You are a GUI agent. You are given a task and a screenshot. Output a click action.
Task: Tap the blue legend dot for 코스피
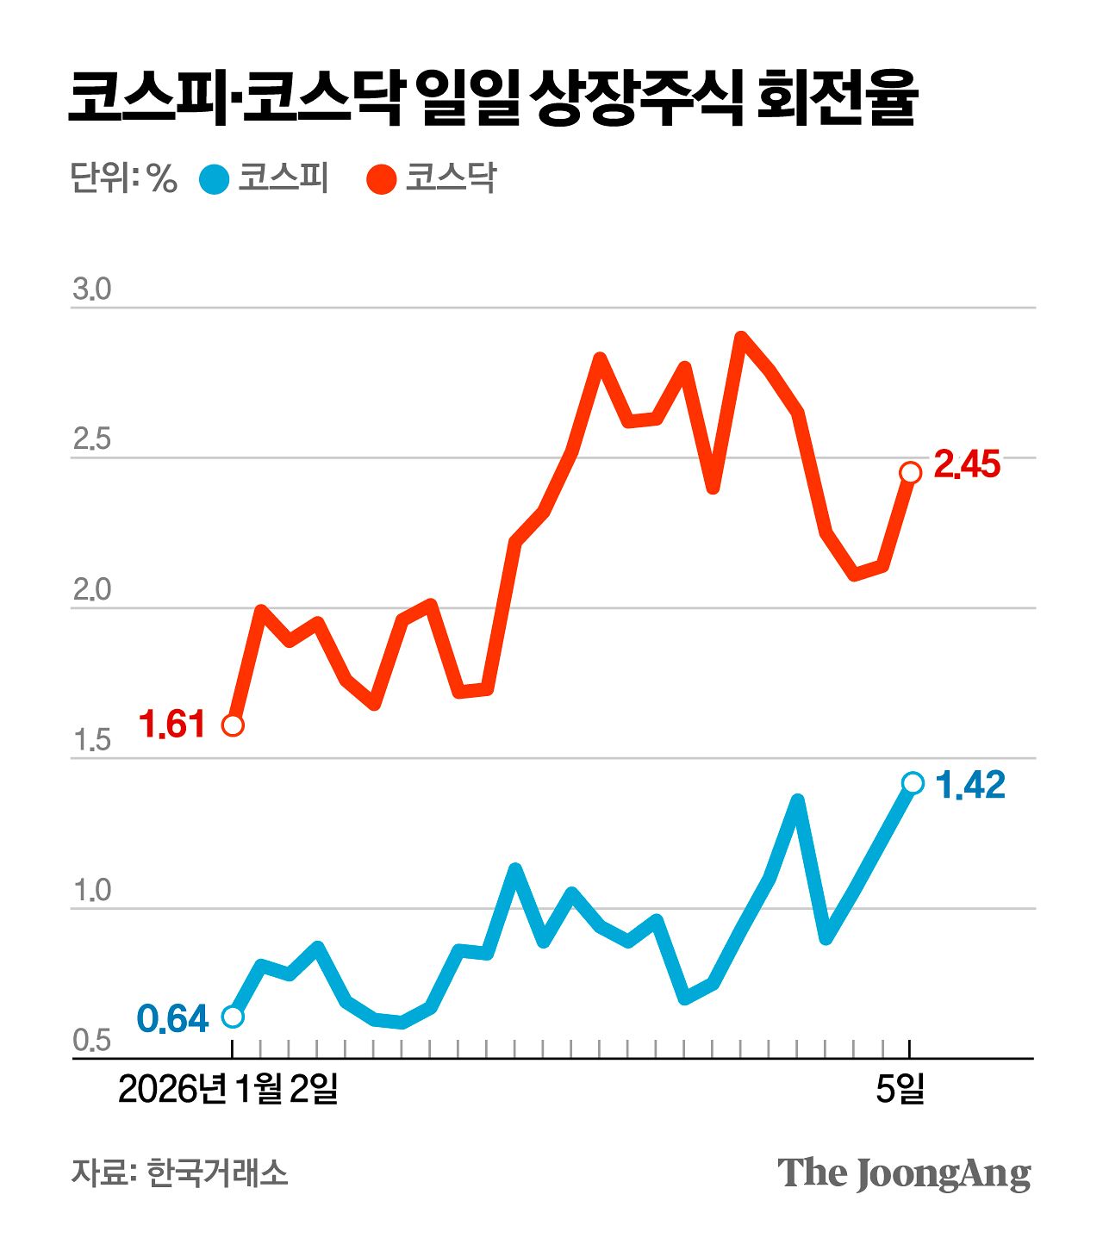pyautogui.click(x=214, y=179)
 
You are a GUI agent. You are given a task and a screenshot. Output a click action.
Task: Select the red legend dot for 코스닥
pyautogui.click(x=381, y=179)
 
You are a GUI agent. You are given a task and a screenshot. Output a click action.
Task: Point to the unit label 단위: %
pyautogui.click(x=123, y=178)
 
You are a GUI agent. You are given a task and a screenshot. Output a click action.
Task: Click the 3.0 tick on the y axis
pyautogui.click(x=91, y=290)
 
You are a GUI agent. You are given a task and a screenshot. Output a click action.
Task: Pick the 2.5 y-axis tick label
pyautogui.click(x=91, y=440)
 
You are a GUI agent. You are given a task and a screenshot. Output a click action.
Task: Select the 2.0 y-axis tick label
pyautogui.click(x=91, y=591)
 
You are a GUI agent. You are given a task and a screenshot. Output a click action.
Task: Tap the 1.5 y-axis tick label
pyautogui.click(x=91, y=741)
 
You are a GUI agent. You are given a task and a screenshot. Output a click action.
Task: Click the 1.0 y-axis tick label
pyautogui.click(x=91, y=891)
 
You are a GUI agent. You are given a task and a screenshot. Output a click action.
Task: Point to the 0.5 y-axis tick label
pyautogui.click(x=91, y=1042)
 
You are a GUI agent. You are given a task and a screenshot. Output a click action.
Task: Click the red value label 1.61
pyautogui.click(x=172, y=725)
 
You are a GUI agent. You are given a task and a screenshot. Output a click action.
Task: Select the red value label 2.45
pyautogui.click(x=967, y=465)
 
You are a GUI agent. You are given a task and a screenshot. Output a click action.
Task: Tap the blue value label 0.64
pyautogui.click(x=173, y=1019)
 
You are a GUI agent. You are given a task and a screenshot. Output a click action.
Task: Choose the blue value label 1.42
pyautogui.click(x=970, y=785)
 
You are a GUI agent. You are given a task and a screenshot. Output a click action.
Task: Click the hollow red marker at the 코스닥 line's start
pyautogui.click(x=233, y=725)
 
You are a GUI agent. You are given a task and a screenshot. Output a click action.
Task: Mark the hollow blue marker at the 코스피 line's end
pyautogui.click(x=913, y=782)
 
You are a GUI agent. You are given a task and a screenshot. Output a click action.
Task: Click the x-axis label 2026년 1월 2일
pyautogui.click(x=227, y=1090)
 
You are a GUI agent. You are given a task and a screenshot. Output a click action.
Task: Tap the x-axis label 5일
pyautogui.click(x=900, y=1090)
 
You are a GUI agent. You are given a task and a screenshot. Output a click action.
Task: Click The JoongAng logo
pyautogui.click(x=904, y=1173)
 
